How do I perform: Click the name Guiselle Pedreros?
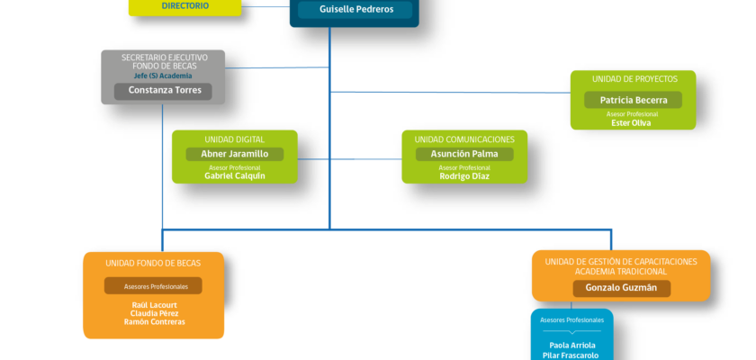pos(355,9)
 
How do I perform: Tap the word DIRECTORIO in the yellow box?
pos(185,5)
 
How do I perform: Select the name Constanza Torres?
pos(165,90)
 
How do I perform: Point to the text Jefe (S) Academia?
pos(163,76)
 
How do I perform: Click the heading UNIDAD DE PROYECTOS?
pos(634,79)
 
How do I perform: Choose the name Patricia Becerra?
pos(634,100)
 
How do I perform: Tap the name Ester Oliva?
pos(631,123)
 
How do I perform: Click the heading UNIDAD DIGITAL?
pos(234,139)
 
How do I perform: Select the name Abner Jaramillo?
pos(235,154)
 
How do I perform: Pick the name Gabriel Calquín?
pos(235,175)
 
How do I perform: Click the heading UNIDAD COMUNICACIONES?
pos(464,139)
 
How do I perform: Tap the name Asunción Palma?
pos(464,154)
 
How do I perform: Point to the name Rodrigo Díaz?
pos(464,176)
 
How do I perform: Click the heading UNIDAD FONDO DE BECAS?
pos(153,264)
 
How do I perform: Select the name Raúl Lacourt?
pos(154,305)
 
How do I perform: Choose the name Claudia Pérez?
pos(154,313)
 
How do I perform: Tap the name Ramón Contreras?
pos(154,322)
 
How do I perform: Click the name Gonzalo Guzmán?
pos(621,288)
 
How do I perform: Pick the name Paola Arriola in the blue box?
pos(572,345)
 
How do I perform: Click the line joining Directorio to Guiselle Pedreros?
pos(265,6)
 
